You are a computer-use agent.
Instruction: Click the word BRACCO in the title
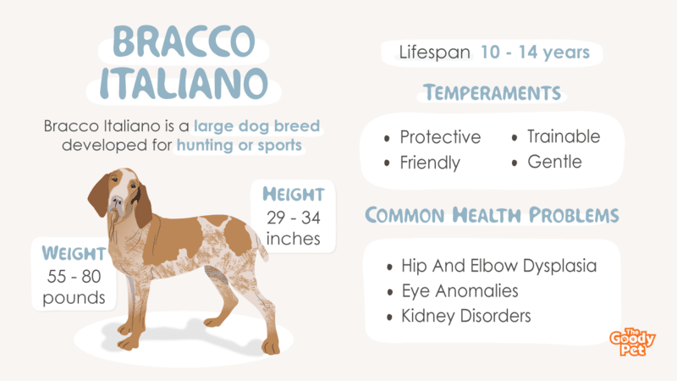coord(184,41)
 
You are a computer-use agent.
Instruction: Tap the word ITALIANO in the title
coord(184,83)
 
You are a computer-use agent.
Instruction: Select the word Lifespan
coord(434,52)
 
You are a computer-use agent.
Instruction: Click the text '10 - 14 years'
coord(535,52)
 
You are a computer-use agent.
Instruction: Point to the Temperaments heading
coord(492,92)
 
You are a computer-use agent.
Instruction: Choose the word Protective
coord(440,137)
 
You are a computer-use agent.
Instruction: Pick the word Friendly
coord(430,163)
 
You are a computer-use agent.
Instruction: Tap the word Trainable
coord(564,136)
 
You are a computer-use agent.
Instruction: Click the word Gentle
coord(554,162)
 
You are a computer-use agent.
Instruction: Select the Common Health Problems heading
coord(492,215)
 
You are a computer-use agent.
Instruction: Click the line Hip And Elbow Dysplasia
coord(498,266)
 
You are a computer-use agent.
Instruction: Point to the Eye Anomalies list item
coord(460,291)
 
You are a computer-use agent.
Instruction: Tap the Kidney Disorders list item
coord(466,316)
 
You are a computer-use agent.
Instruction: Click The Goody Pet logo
coord(632,342)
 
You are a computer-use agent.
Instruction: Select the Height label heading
coord(294,195)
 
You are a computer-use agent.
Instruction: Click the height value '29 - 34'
coord(294,218)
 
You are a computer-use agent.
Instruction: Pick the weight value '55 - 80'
coord(74,277)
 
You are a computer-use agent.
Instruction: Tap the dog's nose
coord(117,202)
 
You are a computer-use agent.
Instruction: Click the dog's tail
coord(261,246)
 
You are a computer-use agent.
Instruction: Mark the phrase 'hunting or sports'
coord(239,145)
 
